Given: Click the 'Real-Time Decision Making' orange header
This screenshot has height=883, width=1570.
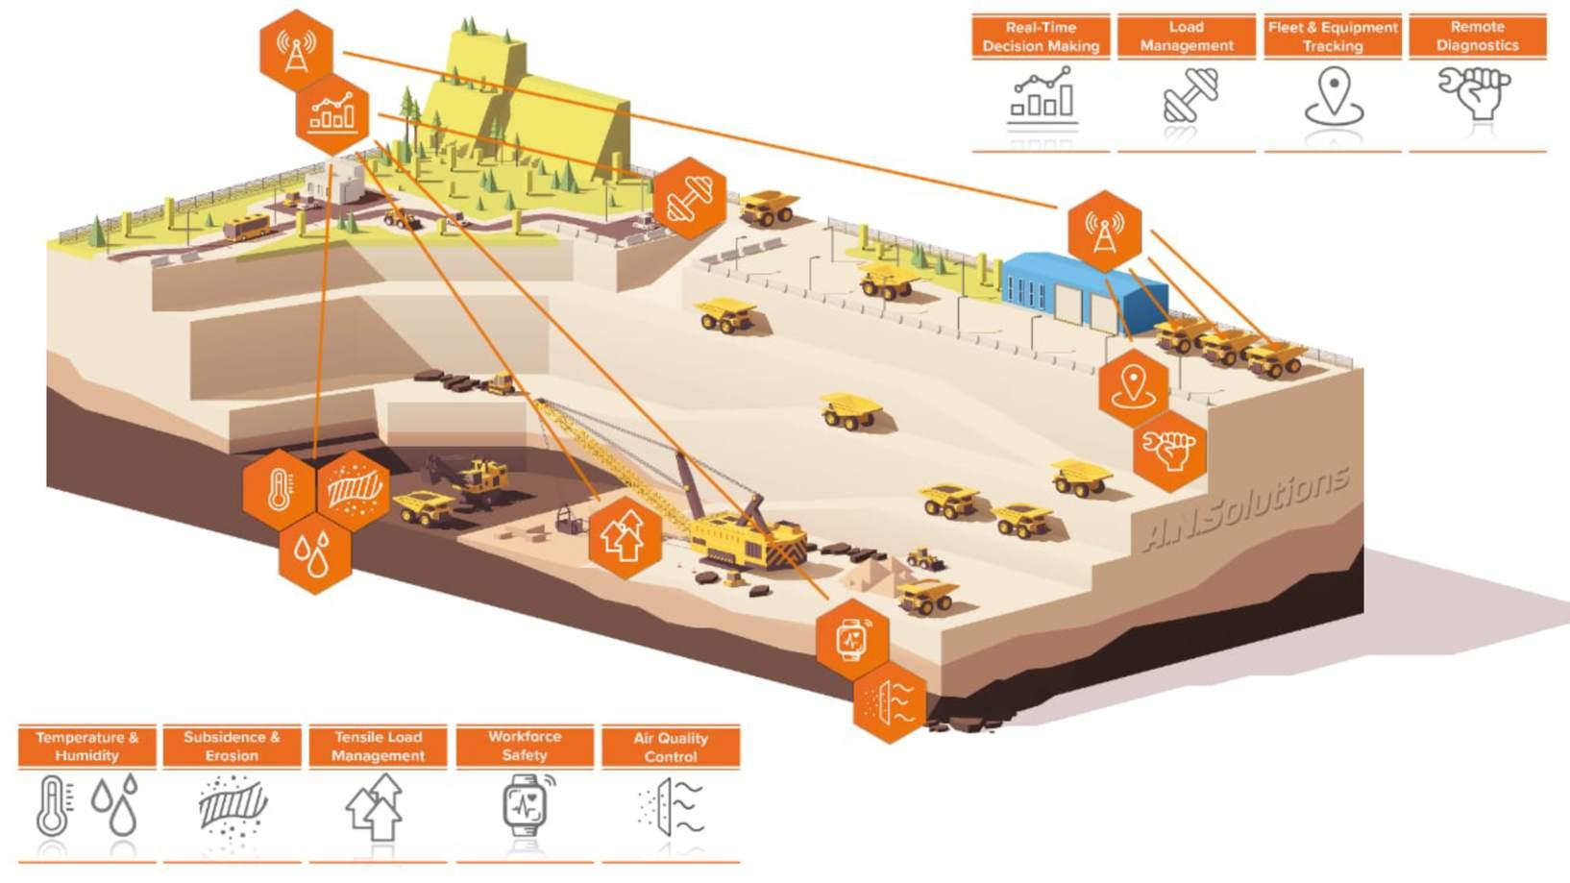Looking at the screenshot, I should [x=1041, y=37].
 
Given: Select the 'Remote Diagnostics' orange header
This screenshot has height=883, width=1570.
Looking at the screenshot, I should [x=1477, y=37].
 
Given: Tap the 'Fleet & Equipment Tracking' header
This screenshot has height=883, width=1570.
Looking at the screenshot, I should [x=1332, y=37].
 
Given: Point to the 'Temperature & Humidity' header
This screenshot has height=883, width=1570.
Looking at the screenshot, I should [x=86, y=747].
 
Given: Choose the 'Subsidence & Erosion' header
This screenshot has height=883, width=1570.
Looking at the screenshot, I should [x=232, y=747].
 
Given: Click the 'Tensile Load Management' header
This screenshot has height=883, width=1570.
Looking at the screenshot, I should [x=378, y=747].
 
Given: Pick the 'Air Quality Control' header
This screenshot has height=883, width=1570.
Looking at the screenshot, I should [x=670, y=747].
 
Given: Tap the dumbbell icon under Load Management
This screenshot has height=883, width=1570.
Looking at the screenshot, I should [x=1190, y=96].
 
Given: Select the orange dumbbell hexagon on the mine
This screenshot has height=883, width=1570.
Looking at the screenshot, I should [x=689, y=199].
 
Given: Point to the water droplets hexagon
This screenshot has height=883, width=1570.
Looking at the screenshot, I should [x=313, y=554].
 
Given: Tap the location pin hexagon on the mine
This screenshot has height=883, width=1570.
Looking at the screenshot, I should [x=1133, y=387].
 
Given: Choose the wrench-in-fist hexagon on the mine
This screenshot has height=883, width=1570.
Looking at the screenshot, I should [x=1168, y=451].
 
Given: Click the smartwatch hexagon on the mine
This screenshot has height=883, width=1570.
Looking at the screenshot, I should [x=851, y=639].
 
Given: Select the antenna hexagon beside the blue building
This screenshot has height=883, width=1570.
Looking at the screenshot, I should [x=1104, y=231].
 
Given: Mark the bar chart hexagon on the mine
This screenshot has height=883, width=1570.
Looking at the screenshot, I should [x=332, y=113].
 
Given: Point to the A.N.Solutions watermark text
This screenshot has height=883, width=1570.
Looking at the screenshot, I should [x=1246, y=507].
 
